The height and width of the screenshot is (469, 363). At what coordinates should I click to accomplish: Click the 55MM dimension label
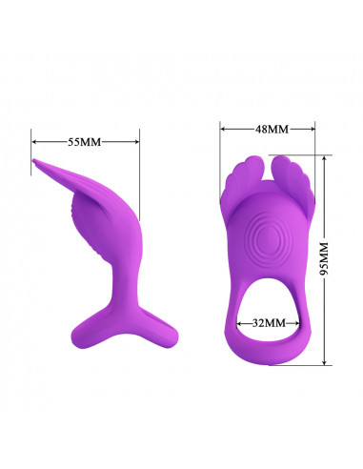(84, 142)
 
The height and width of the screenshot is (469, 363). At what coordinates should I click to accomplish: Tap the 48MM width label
(272, 129)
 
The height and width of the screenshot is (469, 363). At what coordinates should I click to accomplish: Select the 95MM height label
(324, 259)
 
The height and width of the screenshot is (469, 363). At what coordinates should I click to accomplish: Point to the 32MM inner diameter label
(269, 323)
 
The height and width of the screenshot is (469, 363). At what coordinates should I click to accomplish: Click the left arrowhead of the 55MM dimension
(34, 142)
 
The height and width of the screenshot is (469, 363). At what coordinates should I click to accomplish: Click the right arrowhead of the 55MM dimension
(136, 142)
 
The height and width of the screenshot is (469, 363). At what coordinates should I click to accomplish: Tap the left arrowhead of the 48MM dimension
(223, 129)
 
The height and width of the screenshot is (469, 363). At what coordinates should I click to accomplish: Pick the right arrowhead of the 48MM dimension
(313, 129)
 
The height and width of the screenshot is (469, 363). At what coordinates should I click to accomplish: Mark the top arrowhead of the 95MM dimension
(324, 158)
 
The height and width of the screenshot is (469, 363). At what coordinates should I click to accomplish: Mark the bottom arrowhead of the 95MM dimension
(324, 362)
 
